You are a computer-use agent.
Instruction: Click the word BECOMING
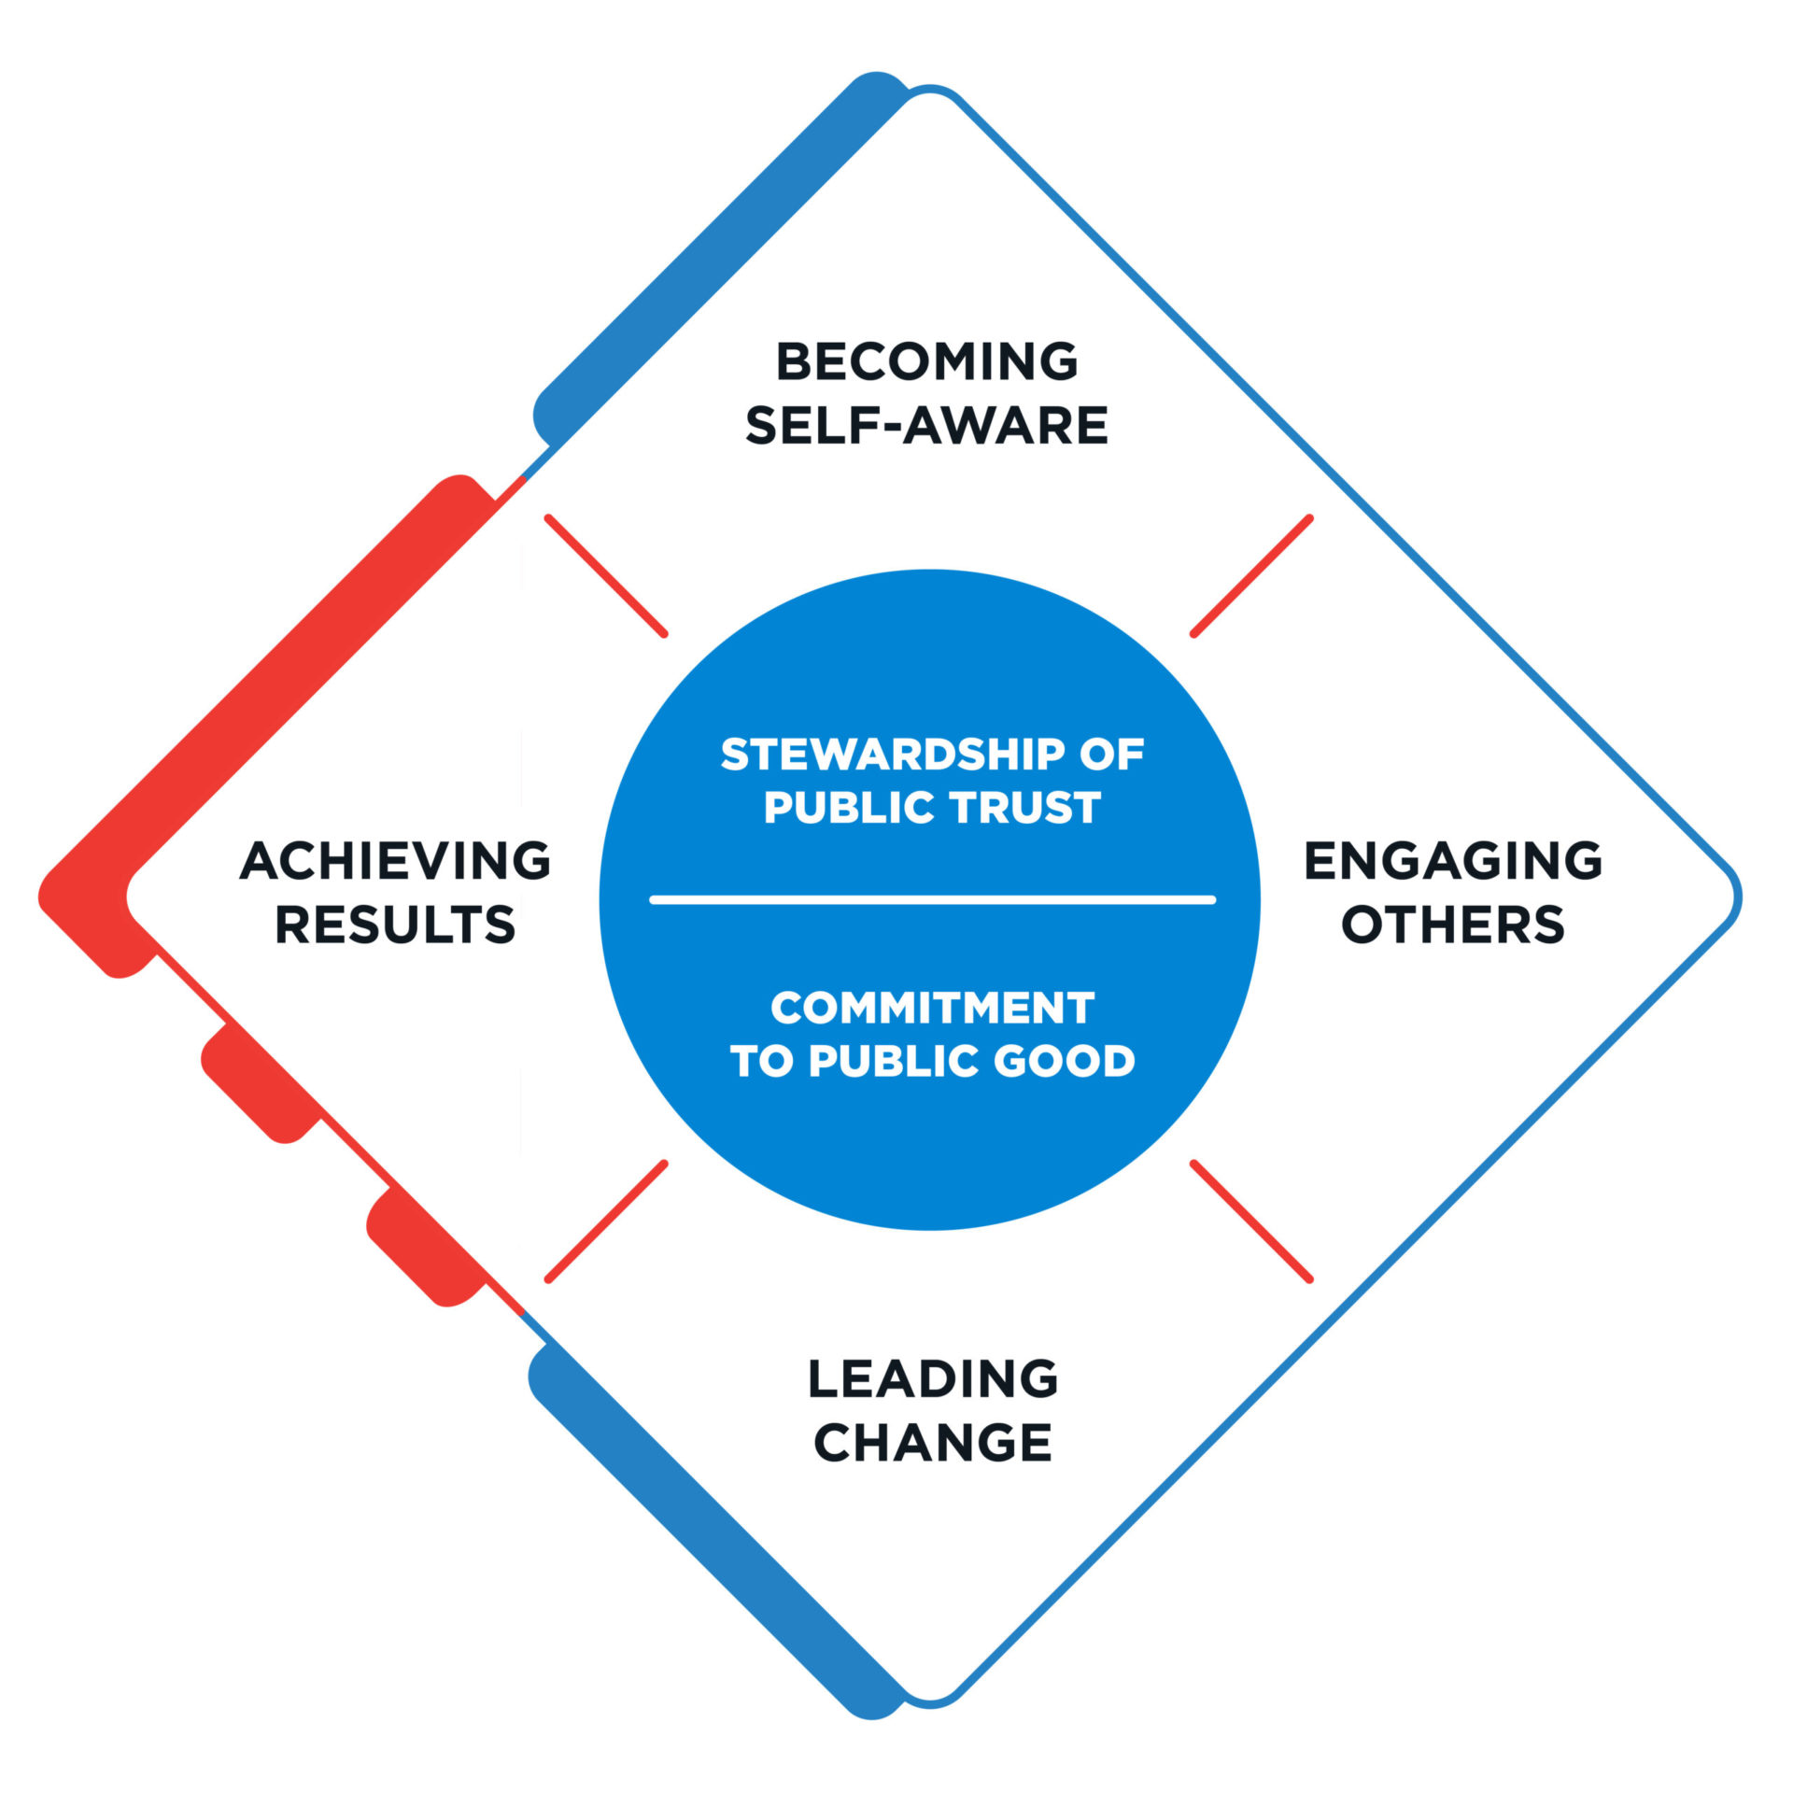[x=926, y=362]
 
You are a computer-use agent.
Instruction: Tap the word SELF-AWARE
[x=926, y=426]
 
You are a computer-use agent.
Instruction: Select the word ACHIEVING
[x=395, y=861]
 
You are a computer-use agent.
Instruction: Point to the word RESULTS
[x=395, y=925]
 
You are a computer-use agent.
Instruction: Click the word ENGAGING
[x=1453, y=861]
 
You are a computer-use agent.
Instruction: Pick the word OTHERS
[x=1453, y=925]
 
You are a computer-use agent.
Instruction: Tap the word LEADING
[x=932, y=1379]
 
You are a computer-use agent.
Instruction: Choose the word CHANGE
[x=932, y=1444]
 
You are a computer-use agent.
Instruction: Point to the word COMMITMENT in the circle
[x=932, y=1009]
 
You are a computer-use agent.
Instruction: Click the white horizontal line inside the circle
[x=932, y=900]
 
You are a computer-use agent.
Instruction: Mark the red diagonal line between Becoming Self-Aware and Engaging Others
[x=1251, y=576]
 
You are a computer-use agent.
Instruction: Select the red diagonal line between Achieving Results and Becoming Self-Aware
[x=606, y=576]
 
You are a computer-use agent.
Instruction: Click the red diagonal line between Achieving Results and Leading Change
[x=606, y=1221]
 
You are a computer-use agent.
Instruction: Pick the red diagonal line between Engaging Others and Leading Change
[x=1251, y=1221]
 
